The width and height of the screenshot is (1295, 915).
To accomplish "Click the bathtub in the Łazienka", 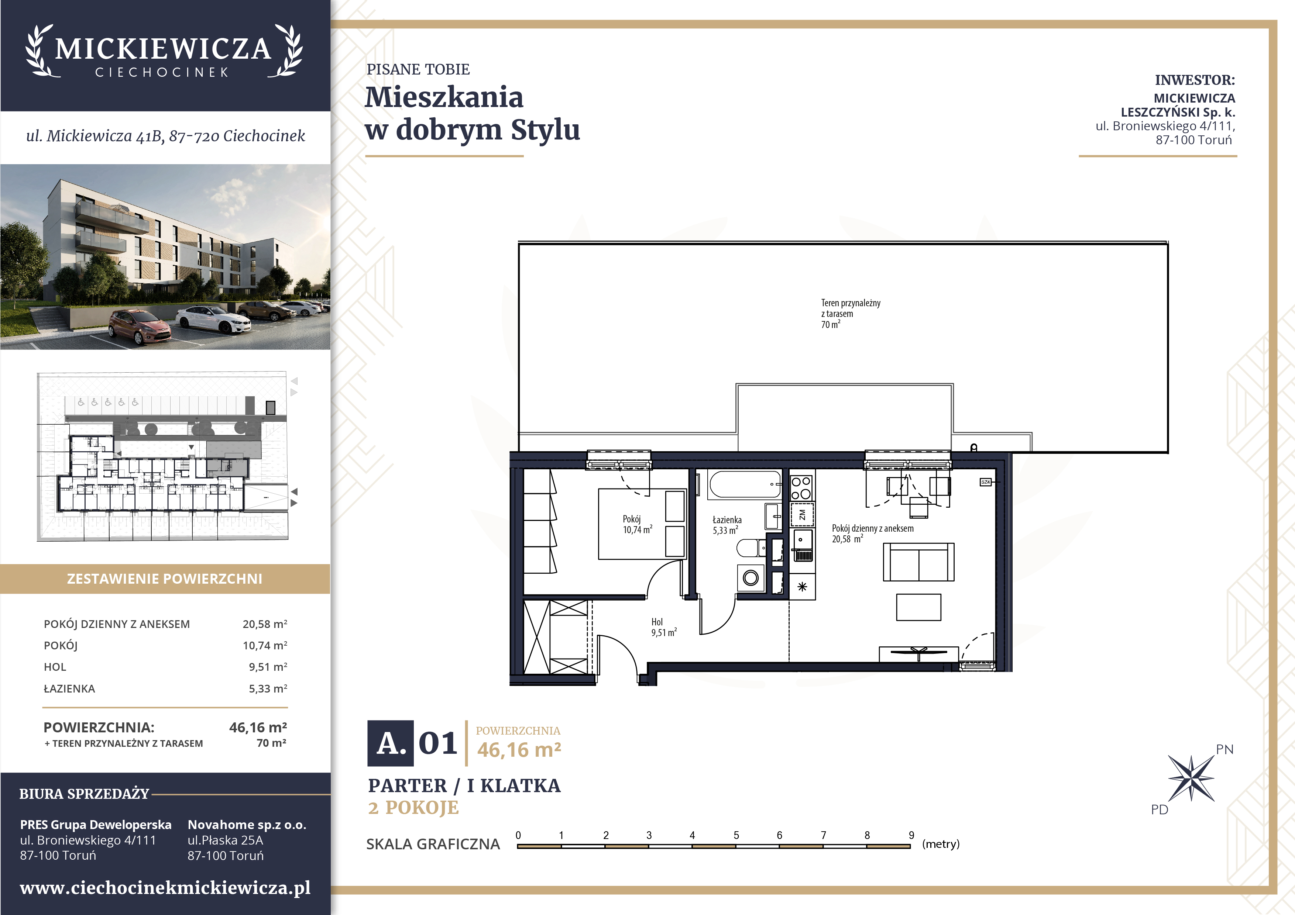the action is [745, 484].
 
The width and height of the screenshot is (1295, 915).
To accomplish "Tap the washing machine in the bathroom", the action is [751, 577].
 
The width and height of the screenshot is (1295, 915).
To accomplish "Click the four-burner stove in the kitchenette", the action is [801, 488].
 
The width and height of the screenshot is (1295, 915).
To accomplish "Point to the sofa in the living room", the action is [918, 562].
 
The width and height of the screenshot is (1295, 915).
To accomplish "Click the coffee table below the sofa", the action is [918, 607].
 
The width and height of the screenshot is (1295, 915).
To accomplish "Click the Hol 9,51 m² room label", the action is [664, 627].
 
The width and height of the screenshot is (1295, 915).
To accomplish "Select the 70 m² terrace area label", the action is [830, 324].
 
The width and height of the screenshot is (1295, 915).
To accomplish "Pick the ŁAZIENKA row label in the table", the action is [69, 688].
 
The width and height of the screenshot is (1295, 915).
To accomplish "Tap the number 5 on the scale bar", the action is [736, 835].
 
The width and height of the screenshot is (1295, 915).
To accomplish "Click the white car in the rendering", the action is [213, 319].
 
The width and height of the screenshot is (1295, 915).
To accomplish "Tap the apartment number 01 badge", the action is [438, 743].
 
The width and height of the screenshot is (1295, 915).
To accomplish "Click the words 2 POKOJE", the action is [413, 807].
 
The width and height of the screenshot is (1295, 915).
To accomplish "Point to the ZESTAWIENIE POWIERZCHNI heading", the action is [165, 579].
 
